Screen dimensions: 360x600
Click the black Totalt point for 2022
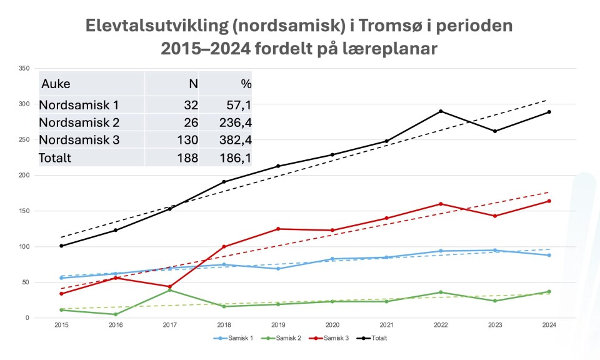[x=441, y=111]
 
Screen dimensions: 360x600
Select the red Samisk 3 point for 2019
[x=278, y=229]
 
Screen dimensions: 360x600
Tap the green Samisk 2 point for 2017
[x=169, y=290]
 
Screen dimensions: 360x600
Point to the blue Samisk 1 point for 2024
[x=549, y=255]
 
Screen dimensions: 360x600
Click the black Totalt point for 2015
[x=61, y=246]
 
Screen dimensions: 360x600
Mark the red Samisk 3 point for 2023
[x=495, y=216]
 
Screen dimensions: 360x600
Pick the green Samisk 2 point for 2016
[x=115, y=314]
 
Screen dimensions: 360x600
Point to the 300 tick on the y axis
[x=24, y=104]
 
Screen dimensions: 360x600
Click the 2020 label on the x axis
[x=332, y=325]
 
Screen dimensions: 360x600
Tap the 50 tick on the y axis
[x=26, y=282]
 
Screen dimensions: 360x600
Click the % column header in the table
[x=246, y=84]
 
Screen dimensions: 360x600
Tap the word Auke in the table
[x=55, y=84]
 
